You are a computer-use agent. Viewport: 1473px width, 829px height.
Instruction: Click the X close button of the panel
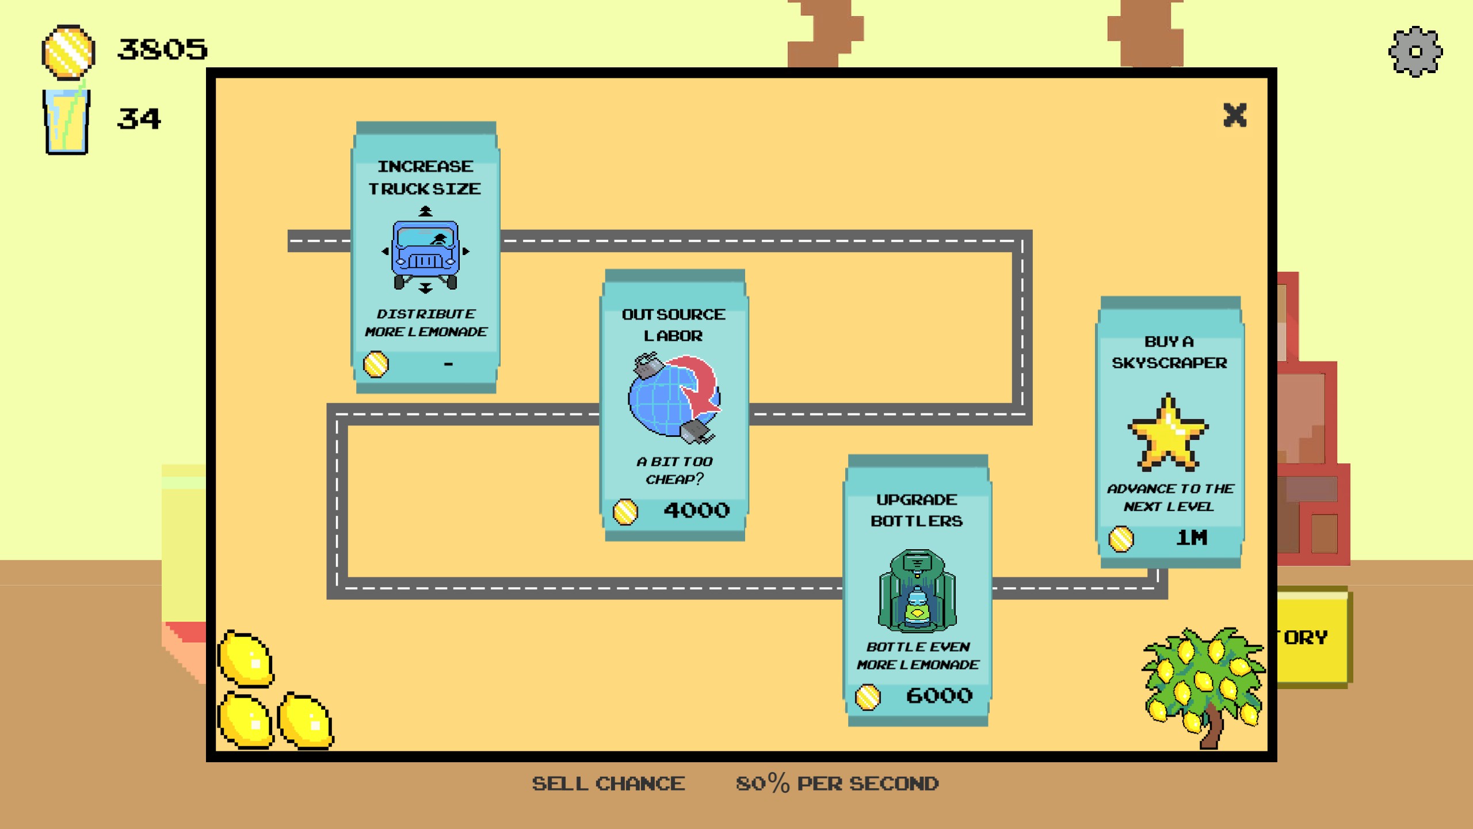(x=1235, y=115)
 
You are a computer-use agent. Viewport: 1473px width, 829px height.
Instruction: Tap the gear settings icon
(x=1415, y=52)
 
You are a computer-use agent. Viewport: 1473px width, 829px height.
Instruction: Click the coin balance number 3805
(x=162, y=50)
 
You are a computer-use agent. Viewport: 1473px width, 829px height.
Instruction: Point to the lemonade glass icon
(x=67, y=120)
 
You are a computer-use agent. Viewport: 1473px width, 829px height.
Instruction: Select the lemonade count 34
(x=139, y=119)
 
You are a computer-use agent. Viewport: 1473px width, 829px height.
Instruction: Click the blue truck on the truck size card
(x=426, y=254)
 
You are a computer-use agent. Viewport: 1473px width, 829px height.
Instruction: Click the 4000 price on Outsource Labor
(x=697, y=511)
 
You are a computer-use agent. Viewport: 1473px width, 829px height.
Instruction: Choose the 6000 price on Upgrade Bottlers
(x=940, y=696)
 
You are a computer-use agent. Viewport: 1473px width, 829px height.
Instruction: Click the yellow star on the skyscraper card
(x=1168, y=432)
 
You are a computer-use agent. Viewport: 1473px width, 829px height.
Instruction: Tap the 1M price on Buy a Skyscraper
(x=1192, y=538)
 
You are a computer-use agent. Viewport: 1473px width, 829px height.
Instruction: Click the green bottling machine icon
(x=918, y=591)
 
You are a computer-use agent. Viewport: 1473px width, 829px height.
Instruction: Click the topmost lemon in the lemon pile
(x=246, y=659)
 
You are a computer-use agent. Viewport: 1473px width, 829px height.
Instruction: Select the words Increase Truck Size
(x=425, y=177)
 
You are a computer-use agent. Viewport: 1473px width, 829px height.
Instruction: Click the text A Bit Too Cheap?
(x=674, y=470)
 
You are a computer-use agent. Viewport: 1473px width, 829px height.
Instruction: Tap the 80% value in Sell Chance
(x=763, y=784)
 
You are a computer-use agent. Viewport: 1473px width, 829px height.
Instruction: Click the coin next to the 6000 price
(x=868, y=697)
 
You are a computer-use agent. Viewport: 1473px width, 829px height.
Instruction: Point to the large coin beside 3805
(x=68, y=52)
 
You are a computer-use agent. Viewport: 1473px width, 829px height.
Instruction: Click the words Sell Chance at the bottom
(x=608, y=784)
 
